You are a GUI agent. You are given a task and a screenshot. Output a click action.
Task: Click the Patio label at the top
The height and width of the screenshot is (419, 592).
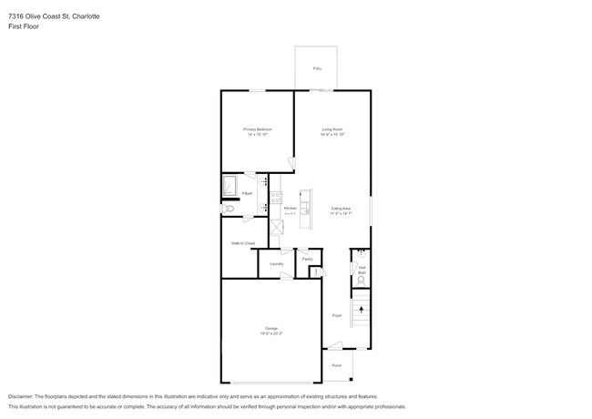316,68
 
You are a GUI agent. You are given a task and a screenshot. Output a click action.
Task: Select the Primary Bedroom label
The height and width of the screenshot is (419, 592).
258,130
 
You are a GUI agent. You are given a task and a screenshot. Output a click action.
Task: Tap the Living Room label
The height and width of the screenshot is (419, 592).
331,130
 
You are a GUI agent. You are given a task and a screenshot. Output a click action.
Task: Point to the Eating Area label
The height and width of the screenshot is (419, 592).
341,209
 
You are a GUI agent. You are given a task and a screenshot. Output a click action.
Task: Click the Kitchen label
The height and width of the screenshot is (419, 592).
290,209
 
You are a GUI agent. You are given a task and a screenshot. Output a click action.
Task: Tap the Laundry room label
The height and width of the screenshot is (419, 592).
276,264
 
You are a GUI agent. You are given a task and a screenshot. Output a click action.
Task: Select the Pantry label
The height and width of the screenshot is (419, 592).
308,259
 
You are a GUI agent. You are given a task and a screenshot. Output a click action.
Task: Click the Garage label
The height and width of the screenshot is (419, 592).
270,328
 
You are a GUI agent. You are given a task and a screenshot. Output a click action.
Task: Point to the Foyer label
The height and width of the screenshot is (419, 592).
336,315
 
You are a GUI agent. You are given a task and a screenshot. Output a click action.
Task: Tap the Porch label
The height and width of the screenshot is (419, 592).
336,364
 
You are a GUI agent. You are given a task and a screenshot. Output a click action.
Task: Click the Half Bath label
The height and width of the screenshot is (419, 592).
362,270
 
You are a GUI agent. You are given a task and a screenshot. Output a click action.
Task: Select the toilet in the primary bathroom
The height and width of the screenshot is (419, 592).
229,209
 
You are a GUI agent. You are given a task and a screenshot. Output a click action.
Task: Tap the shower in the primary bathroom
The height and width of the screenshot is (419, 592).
230,188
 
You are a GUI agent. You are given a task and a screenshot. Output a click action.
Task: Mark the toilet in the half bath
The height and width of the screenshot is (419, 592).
362,281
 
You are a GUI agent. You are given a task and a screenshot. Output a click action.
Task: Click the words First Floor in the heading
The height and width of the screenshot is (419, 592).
24,26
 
